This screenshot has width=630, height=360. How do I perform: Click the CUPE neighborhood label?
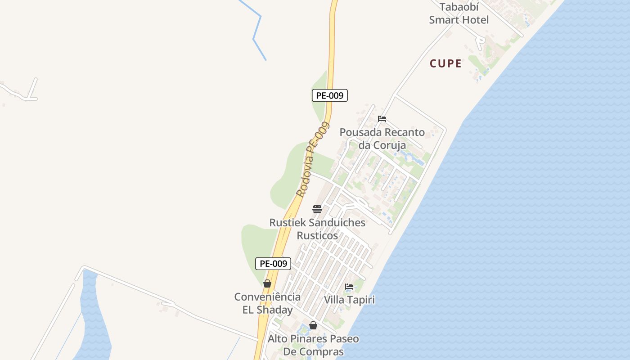click(445, 63)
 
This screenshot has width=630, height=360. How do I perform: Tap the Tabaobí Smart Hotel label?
click(459, 13)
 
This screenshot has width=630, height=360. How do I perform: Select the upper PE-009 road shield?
click(329, 95)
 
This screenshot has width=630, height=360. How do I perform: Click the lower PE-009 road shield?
click(273, 264)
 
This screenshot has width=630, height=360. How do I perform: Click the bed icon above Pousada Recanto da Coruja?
click(382, 119)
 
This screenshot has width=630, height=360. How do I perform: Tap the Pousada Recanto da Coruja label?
click(382, 139)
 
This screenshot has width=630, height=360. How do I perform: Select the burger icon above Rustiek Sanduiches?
click(317, 209)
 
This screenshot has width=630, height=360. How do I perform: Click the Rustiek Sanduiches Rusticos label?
click(317, 229)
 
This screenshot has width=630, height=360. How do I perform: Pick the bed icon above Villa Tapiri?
click(349, 286)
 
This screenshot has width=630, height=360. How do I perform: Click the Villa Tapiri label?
click(349, 300)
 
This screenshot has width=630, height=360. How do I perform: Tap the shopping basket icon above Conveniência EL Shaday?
click(267, 283)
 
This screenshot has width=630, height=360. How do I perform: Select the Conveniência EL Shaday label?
click(267, 303)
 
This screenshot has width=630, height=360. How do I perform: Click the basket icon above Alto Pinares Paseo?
click(313, 325)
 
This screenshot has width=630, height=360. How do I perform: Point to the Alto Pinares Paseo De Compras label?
click(313, 345)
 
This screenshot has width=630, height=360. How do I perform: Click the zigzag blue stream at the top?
click(256, 31)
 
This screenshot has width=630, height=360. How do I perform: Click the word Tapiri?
click(360, 300)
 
